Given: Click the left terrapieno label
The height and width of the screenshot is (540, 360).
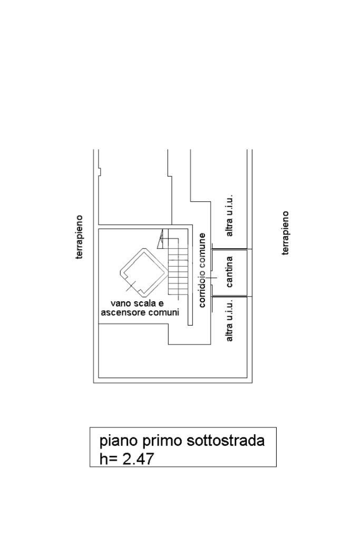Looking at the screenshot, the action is click(x=80, y=237).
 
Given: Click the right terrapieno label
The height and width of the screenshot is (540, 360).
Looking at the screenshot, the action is click(x=286, y=233).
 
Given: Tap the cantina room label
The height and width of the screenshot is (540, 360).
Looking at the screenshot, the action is click(x=229, y=272).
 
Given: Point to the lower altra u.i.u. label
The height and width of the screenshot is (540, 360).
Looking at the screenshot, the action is click(x=229, y=319).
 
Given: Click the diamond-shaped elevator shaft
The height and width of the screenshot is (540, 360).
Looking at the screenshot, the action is click(x=142, y=270).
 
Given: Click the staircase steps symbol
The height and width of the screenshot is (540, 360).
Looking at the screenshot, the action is click(x=178, y=269).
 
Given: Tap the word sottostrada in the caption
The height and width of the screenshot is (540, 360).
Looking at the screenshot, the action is click(x=226, y=440).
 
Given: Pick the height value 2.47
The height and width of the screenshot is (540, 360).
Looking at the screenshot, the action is click(x=138, y=459).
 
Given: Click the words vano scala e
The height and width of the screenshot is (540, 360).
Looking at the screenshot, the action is click(x=137, y=303).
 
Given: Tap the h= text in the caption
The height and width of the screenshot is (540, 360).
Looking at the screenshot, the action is click(x=109, y=459).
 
